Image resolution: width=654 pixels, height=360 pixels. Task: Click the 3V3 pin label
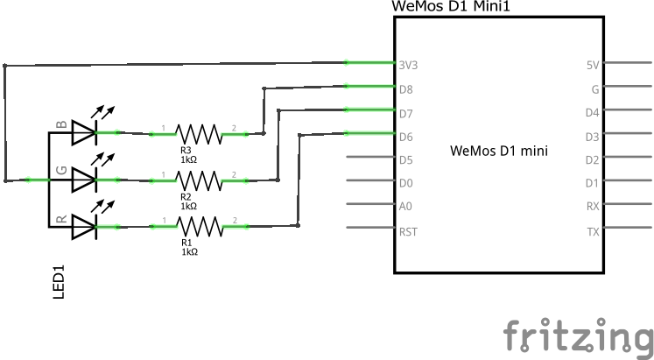[x=407, y=66]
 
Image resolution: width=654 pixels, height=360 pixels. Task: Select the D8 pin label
[x=405, y=89]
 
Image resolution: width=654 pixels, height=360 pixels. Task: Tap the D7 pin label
[x=405, y=113]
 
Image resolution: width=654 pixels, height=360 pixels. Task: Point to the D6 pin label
[x=405, y=137]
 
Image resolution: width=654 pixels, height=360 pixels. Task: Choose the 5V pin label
[x=593, y=66]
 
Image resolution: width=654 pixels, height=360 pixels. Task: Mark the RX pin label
[x=593, y=207]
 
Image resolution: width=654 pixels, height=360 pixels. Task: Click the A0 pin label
[x=405, y=207]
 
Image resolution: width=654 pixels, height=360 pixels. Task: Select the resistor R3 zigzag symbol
[x=199, y=133]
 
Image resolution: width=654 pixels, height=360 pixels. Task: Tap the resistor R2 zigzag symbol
[x=199, y=180]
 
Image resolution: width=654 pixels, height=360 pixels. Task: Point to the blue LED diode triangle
[x=83, y=133]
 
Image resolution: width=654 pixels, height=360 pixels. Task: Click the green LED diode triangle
[x=83, y=180]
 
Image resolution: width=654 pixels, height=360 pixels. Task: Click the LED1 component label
[x=60, y=286]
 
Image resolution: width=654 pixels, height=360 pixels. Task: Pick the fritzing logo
[x=578, y=335]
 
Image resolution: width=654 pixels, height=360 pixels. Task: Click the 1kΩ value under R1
[x=189, y=251]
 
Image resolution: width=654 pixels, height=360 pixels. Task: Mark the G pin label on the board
[x=595, y=89]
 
